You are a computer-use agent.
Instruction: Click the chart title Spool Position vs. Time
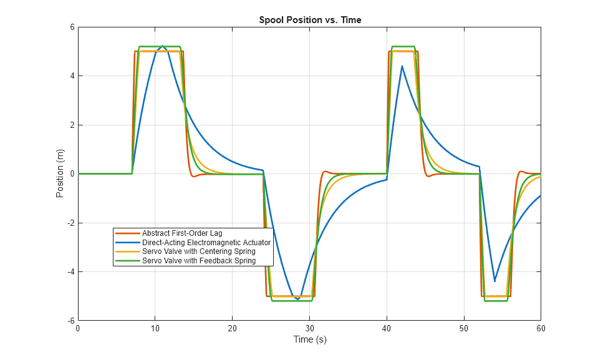[310, 20]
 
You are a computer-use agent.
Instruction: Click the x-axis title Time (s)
[310, 340]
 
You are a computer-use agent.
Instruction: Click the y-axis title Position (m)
[60, 174]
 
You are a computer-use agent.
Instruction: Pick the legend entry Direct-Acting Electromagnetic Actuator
[206, 242]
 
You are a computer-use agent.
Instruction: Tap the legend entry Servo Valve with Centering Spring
[198, 251]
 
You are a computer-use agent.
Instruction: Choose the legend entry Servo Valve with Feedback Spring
[198, 261]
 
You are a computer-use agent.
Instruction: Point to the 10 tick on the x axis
[155, 328]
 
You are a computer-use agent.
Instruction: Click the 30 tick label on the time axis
[309, 328]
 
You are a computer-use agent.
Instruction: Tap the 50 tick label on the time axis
[464, 328]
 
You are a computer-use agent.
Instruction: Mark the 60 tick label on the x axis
[541, 328]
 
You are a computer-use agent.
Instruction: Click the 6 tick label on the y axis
[72, 27]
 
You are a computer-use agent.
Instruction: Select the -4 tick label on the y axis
[70, 272]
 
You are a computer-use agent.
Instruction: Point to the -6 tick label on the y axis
[70, 321]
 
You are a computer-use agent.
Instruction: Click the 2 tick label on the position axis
[72, 125]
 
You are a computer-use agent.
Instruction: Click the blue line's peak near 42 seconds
[402, 66]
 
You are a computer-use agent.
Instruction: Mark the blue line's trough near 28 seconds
[297, 299]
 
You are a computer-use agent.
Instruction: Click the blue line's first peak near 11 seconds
[163, 46]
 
